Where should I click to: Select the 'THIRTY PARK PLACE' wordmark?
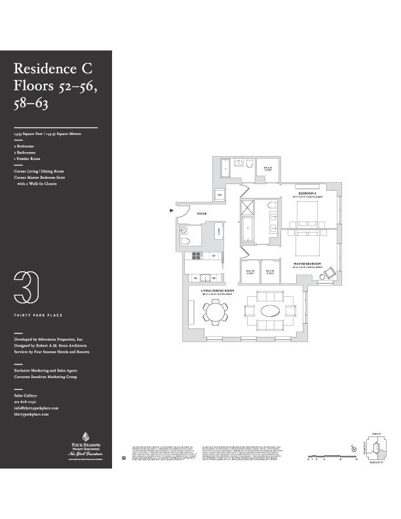point(39,315)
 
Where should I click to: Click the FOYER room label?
point(202,213)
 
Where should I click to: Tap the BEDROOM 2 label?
point(307,194)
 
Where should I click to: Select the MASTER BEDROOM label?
point(306,264)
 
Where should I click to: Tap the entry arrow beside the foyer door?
point(172,210)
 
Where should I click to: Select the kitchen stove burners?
point(204,277)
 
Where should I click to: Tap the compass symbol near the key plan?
point(354,449)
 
